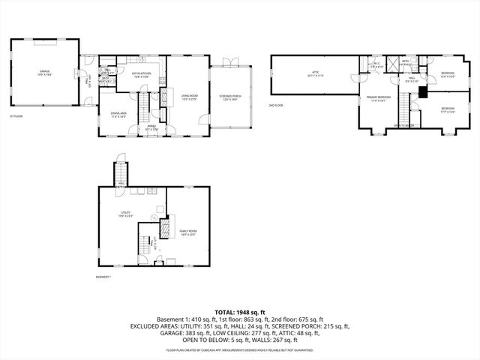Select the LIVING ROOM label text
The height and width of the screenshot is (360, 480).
tap(187, 97)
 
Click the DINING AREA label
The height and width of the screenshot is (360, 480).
tap(119, 114)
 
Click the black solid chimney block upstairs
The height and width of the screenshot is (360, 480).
tap(423, 93)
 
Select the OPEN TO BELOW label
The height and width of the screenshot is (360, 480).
tap(405, 125)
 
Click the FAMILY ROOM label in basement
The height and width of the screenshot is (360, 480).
tap(187, 232)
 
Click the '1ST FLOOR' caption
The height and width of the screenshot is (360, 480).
tap(15, 116)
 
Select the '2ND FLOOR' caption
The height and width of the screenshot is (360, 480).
tap(276, 105)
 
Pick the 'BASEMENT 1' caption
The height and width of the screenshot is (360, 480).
tap(103, 277)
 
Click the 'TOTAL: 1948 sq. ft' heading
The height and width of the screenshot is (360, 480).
tap(240, 311)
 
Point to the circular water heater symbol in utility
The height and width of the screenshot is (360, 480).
tap(154, 219)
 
